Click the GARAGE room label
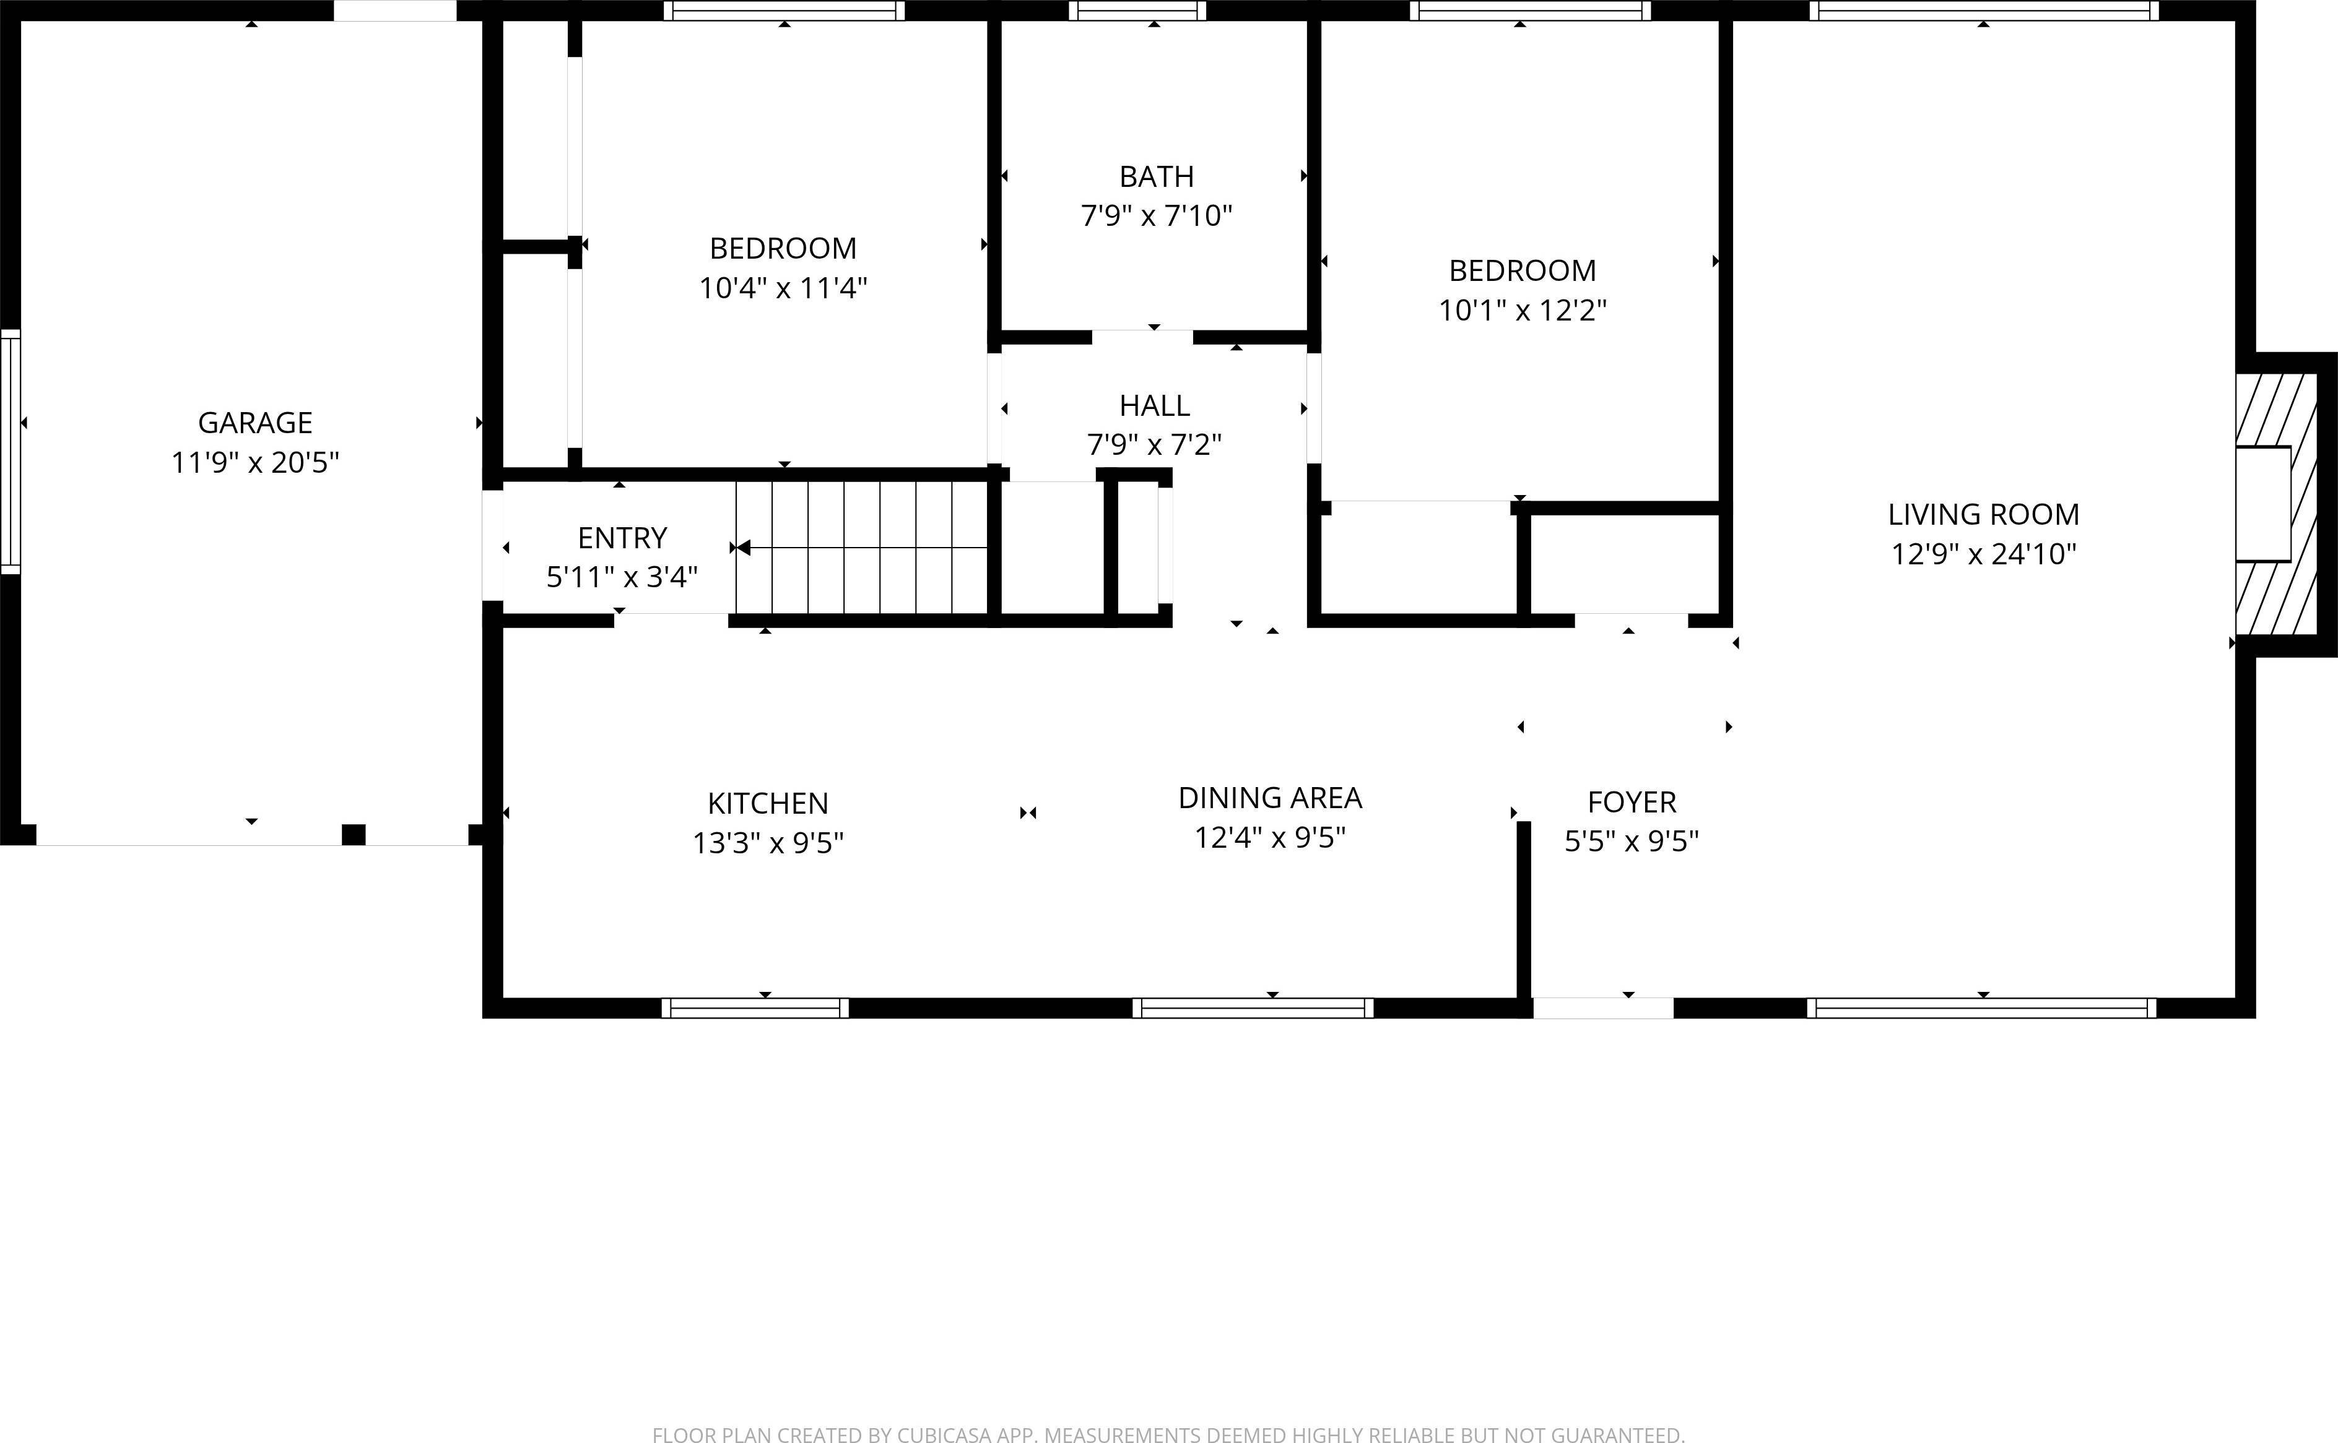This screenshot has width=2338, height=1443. [x=255, y=423]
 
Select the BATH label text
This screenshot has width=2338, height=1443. [x=1156, y=176]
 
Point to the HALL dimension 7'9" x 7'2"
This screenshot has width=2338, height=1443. [x=1154, y=445]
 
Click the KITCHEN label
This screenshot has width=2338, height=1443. [x=768, y=804]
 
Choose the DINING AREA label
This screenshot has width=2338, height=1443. [x=1270, y=798]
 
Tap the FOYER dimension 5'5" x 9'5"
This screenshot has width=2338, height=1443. [x=1632, y=842]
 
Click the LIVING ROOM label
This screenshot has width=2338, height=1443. [x=1983, y=514]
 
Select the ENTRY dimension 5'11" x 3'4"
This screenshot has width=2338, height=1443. [x=622, y=577]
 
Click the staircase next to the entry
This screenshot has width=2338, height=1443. [x=861, y=548]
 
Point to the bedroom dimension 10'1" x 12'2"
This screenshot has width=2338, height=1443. [x=1523, y=310]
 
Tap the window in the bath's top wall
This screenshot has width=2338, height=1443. [x=1136, y=11]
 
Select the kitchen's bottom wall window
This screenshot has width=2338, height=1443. [x=754, y=1008]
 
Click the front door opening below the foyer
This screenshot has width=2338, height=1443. [x=1603, y=1008]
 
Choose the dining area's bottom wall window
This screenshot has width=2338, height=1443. [x=1253, y=1008]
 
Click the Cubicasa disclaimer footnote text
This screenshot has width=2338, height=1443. [x=1168, y=1434]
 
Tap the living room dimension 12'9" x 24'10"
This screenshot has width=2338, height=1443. [x=1983, y=554]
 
